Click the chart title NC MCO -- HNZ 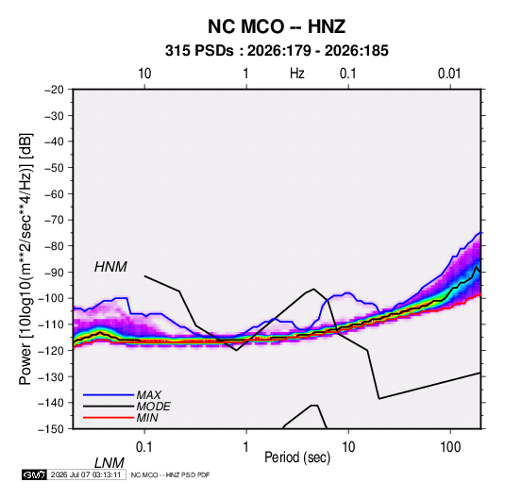pos(277,26)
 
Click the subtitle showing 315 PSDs pos(277,51)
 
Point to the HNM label pos(110,267)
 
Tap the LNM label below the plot pos(109,463)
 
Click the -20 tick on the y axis pos(54,90)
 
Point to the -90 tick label pos(54,273)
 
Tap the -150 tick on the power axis pos(51,429)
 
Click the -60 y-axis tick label pos(54,193)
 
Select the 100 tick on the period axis pos(450,447)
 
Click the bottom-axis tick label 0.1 pos(144,447)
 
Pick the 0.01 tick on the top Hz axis pos(449,74)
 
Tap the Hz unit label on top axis pos(297,74)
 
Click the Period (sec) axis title pos(297,457)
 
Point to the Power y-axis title pos(25,259)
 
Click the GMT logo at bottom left pos(35,474)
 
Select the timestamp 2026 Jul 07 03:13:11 pos(86,474)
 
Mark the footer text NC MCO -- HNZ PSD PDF pos(170,474)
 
